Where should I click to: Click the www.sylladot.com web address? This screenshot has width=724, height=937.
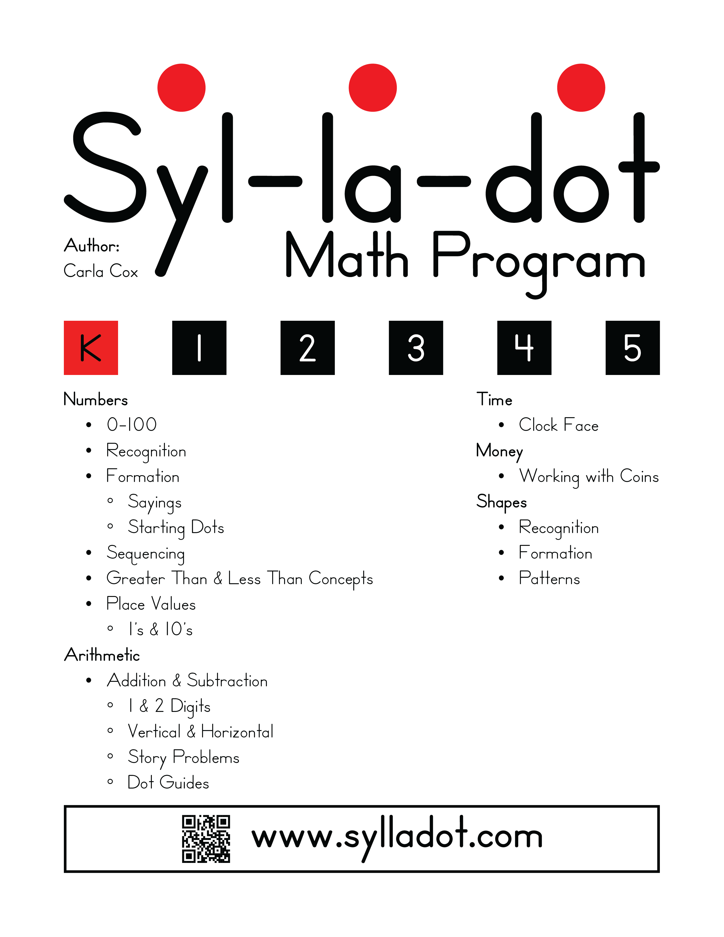(397, 837)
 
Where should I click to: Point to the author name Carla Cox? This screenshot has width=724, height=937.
(101, 271)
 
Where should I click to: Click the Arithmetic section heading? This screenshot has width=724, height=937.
(102, 655)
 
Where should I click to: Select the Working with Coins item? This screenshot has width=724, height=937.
(588, 477)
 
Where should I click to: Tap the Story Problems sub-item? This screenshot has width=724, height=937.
(184, 758)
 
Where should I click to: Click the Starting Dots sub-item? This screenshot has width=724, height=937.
(176, 528)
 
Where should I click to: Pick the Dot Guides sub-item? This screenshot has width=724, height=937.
(168, 783)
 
